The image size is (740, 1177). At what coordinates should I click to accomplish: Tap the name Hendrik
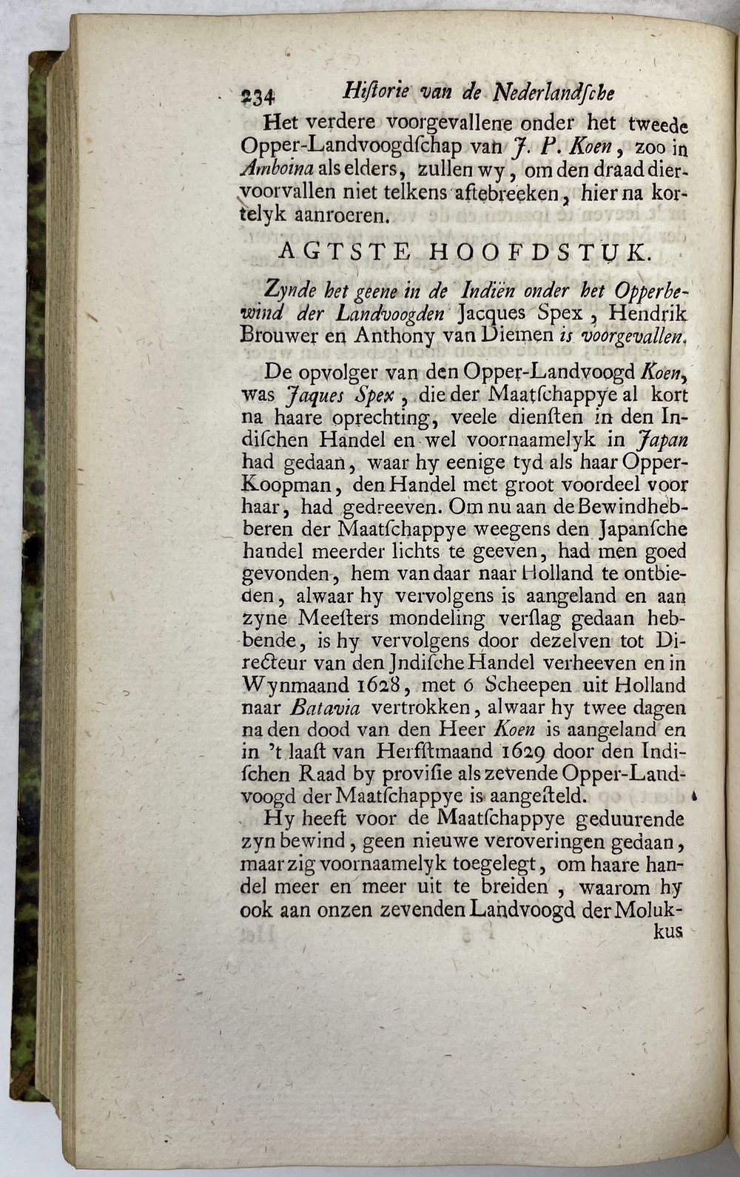coord(647,313)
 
